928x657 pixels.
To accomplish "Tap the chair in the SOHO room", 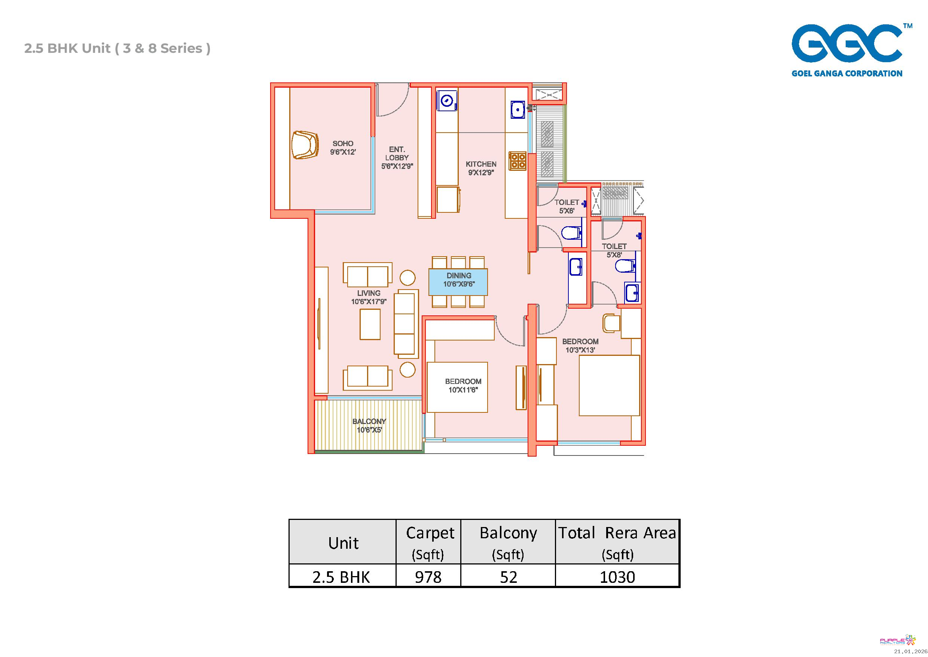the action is click(x=305, y=145).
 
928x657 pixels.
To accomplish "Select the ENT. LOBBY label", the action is click(x=397, y=158).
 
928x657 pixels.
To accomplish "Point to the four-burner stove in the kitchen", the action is click(x=518, y=161).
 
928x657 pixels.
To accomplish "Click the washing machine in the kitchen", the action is click(x=448, y=101).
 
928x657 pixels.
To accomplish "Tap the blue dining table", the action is click(x=458, y=282).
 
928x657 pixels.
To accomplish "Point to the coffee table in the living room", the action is click(x=370, y=324).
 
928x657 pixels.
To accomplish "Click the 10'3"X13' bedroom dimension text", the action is click(x=580, y=350).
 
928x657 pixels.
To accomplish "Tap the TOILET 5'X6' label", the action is click(x=567, y=206).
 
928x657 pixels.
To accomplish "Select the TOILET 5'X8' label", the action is click(x=614, y=251).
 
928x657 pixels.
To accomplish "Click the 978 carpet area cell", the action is click(x=428, y=576).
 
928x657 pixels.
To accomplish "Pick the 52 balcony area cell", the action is click(x=508, y=576).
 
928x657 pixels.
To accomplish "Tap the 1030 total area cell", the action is click(x=617, y=576).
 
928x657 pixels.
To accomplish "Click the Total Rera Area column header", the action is click(x=617, y=542).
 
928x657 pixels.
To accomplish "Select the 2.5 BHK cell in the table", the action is click(x=342, y=576).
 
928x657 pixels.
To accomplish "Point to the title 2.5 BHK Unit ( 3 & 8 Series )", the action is click(x=117, y=48).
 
